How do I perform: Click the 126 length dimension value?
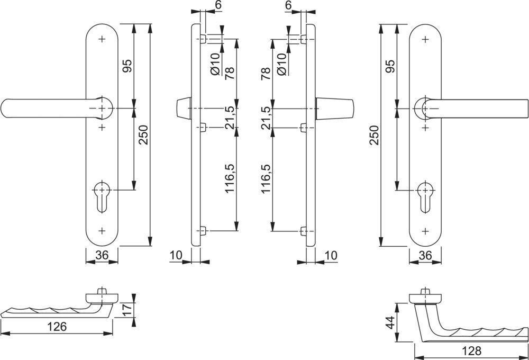pos(57,326)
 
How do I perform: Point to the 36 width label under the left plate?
pos(102,255)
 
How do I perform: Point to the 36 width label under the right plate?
pos(425,255)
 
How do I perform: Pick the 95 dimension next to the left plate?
pos(127,66)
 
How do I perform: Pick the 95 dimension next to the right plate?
pos(390,66)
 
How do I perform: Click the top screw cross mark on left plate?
pos(102,39)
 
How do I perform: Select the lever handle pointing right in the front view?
pos(476,107)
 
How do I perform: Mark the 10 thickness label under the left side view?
pos(176,255)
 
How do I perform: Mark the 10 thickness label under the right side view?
pos(330,255)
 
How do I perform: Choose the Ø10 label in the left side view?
pos(214,64)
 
